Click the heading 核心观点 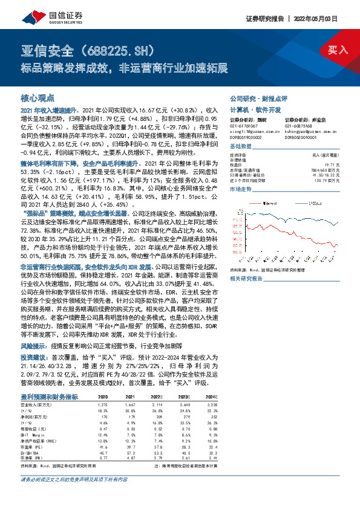(38, 97)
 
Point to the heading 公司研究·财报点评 (258, 97)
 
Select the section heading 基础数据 (241, 147)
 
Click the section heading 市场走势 (241, 189)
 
